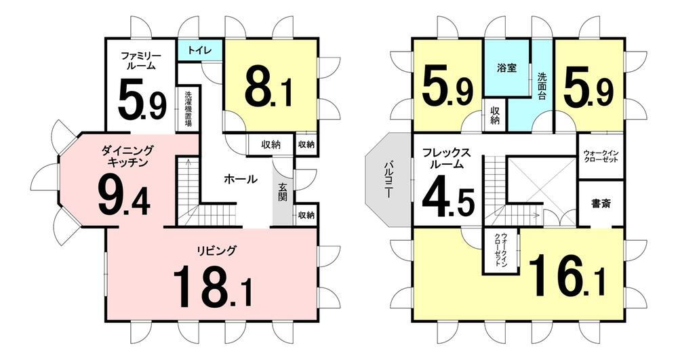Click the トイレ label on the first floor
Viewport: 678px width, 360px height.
pos(199,51)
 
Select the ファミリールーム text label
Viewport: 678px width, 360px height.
pos(140,60)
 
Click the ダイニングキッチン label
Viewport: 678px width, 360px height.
pos(128,156)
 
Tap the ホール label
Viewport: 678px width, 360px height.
pos(240,180)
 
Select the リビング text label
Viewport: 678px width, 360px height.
pos(217,251)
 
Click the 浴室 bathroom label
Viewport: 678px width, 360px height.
pos(506,68)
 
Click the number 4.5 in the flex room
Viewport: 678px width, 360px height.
pos(448,196)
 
